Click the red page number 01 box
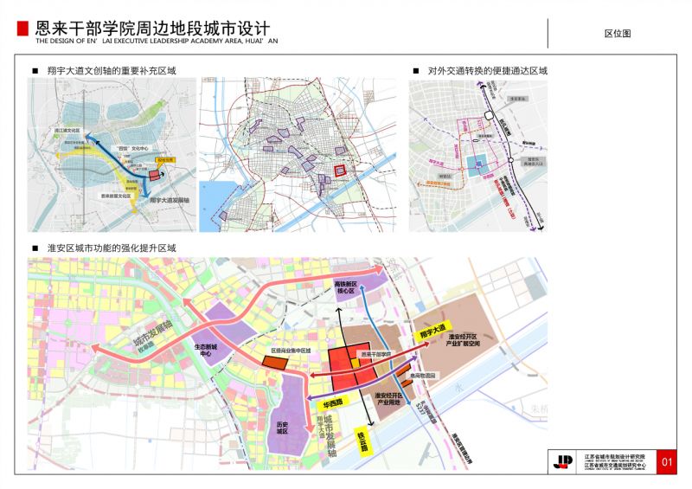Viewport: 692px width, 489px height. [666, 460]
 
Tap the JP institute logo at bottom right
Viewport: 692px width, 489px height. [563, 460]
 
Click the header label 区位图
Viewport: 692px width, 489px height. [618, 33]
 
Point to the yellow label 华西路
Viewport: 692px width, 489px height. [335, 404]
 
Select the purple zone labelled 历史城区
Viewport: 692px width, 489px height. [281, 427]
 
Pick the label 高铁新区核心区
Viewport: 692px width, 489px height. [345, 287]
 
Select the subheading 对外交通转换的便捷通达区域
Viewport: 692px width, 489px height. [488, 69]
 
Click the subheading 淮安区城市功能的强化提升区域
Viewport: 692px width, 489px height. [108, 248]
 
